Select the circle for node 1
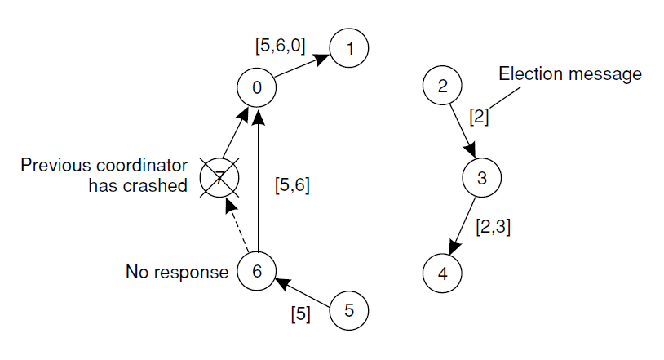[x=350, y=49]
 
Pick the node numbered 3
[x=481, y=179]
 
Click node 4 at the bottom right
[x=442, y=272]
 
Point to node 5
[x=349, y=310]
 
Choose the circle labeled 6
[x=257, y=272]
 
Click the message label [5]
[x=301, y=313]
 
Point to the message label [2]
[x=479, y=116]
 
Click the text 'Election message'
[x=570, y=74]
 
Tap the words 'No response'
[x=177, y=272]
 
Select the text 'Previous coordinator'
[x=104, y=164]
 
